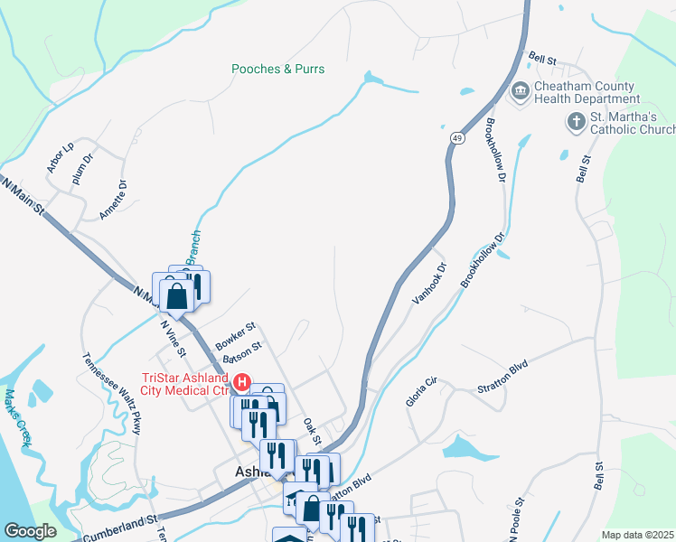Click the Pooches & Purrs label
[x=277, y=69]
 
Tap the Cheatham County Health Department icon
[x=520, y=92]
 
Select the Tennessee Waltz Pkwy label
[x=113, y=394]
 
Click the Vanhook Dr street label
[x=429, y=284]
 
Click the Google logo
[x=30, y=530]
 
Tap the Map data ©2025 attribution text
[x=637, y=535]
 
